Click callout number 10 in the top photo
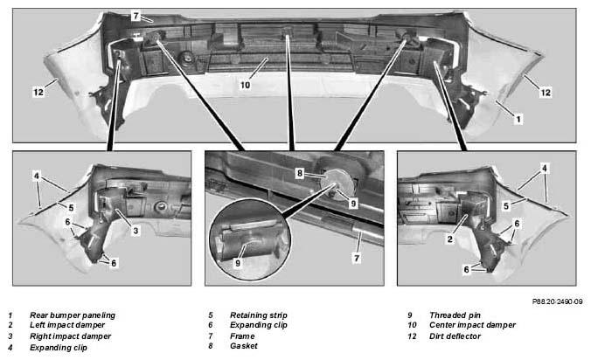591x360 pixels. pos(246,85)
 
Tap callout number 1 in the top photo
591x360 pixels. pos(518,120)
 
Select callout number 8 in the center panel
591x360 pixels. pos(300,173)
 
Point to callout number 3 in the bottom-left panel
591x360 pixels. pos(136,231)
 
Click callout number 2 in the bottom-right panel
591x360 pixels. pos(450,239)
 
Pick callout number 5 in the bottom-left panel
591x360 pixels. pos(71,207)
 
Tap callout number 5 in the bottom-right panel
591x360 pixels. pos(506,206)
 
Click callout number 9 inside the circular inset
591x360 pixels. pos(238,263)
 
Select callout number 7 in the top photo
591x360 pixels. pos(136,16)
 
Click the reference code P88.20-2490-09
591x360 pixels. pos(557,301)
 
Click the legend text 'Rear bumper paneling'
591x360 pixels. pos(73,315)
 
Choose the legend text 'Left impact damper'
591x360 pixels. pos(67,324)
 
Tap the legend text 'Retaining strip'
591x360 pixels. pos(259,315)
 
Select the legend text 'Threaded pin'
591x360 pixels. pos(455,315)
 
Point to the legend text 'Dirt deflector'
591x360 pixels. pos(455,336)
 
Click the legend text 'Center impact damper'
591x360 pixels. pos(472,324)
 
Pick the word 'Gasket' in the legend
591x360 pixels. pos(244,346)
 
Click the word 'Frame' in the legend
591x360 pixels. pos(242,336)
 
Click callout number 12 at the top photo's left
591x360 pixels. pos(38,92)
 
